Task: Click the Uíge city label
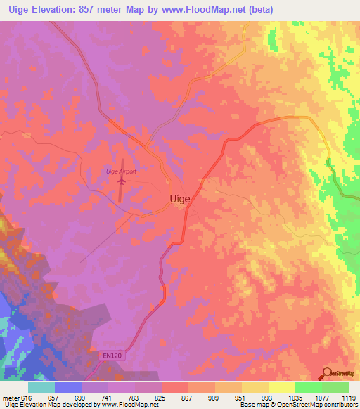pos(181,199)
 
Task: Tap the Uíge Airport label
pos(120,171)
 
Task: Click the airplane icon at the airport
pos(121,181)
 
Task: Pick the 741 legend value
pos(108,398)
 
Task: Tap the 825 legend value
pos(161,398)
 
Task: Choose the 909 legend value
pos(214,398)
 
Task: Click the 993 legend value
pos(268,398)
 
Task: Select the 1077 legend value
pos(321,398)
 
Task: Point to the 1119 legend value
pos(348,398)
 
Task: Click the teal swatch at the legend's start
pos(41,387)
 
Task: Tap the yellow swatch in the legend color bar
pos(281,387)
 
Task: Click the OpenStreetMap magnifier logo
pos(326,374)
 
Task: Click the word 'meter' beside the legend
pos(11,398)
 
